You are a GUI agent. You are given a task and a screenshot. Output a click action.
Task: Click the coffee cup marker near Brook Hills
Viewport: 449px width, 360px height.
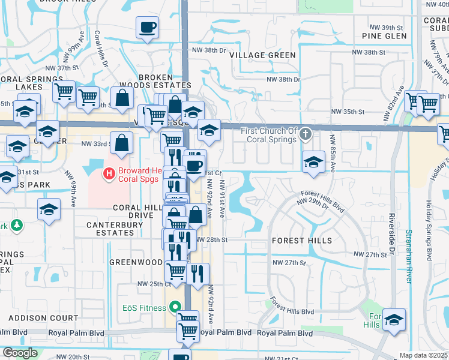click(148, 28)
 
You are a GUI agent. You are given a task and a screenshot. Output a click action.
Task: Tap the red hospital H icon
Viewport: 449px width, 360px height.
click(109, 175)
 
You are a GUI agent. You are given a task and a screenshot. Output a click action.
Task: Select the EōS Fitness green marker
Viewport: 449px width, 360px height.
click(175, 307)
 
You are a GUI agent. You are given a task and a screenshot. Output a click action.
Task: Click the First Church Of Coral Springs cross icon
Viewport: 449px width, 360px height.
click(306, 133)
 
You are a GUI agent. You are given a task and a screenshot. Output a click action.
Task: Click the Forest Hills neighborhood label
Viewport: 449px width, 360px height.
click(301, 241)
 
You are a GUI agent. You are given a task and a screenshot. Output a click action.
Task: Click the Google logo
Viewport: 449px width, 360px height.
click(20, 353)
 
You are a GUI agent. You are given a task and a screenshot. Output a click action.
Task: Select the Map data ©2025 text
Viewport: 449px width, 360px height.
click(423, 355)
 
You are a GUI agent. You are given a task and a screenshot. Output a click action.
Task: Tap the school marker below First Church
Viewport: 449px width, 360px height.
click(313, 162)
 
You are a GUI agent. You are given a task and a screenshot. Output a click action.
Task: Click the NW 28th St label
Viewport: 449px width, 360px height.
click(213, 239)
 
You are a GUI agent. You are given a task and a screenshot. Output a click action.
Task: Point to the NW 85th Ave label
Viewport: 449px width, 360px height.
click(332, 152)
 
